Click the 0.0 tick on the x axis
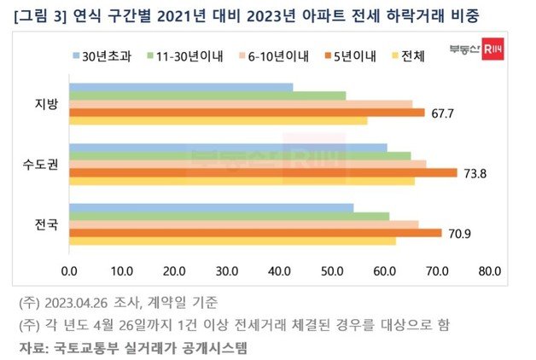tap(69, 272)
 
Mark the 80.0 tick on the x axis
tap(490, 272)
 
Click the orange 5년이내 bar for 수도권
tap(263, 173)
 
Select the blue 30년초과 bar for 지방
tap(181, 87)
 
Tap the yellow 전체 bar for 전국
tap(232, 241)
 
